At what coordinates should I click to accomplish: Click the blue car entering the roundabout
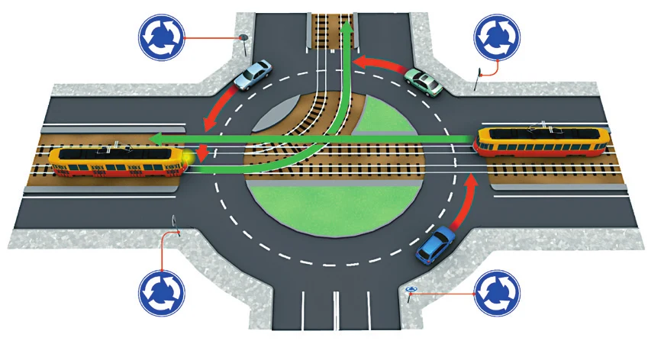point(434,245)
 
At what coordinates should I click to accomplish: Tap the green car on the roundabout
point(424,82)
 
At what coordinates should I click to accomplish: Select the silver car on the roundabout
point(253,74)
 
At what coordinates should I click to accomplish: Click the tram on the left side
point(114,162)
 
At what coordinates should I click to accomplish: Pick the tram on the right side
point(543,141)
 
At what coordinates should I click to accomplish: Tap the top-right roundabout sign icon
point(497,37)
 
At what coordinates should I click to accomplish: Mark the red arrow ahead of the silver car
point(217,111)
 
